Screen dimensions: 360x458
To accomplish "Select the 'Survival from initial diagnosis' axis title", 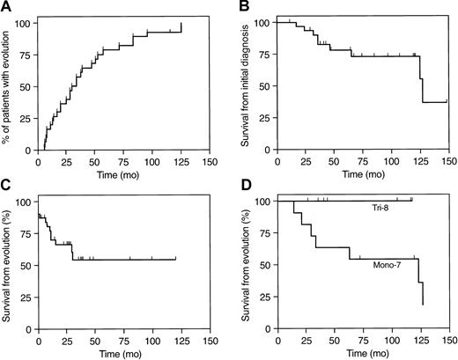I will click(x=249, y=85).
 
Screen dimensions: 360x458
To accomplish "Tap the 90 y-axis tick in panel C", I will click(x=27, y=214).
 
